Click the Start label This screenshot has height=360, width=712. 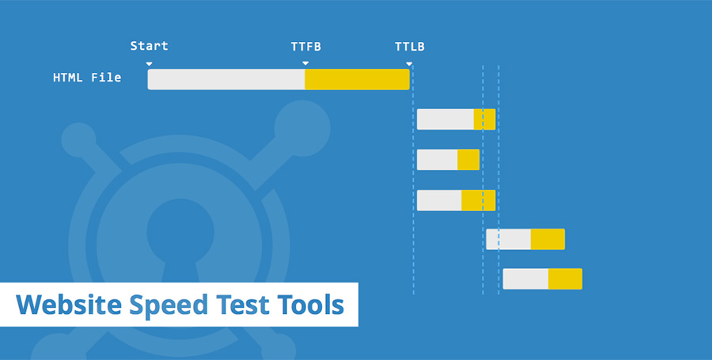pyautogui.click(x=149, y=46)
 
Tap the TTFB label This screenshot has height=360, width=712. pyautogui.click(x=306, y=47)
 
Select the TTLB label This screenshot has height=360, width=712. pyautogui.click(x=410, y=47)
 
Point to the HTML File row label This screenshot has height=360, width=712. pyautogui.click(x=87, y=78)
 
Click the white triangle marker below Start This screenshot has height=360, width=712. pyautogui.click(x=149, y=64)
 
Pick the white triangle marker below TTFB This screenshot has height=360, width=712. pyautogui.click(x=305, y=63)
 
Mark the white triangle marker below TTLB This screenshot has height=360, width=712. pyautogui.click(x=409, y=64)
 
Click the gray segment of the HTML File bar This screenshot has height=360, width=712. pyautogui.click(x=226, y=79)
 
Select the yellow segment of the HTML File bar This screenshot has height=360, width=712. pyautogui.click(x=358, y=79)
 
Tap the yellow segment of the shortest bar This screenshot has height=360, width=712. pyautogui.click(x=468, y=160)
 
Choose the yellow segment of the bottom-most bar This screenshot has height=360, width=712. pyautogui.click(x=566, y=279)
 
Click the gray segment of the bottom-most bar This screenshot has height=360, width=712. pyautogui.click(x=526, y=279)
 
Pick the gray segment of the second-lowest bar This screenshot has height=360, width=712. pyautogui.click(x=509, y=239)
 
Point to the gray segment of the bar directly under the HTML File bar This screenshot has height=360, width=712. pyautogui.click(x=445, y=119)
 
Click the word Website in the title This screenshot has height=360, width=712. pyautogui.click(x=69, y=305)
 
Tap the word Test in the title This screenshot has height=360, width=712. pyautogui.click(x=243, y=305)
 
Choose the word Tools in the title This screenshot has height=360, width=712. pyautogui.click(x=311, y=305)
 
